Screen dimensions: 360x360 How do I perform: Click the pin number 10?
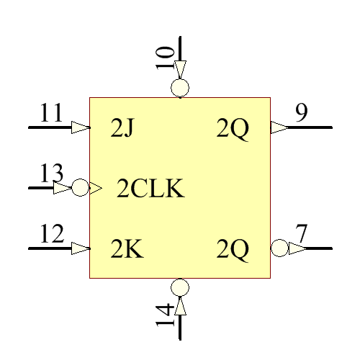pyautogui.click(x=165, y=58)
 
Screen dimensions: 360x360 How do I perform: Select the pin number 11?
pyautogui.click(x=51, y=114)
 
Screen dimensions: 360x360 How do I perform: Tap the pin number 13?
pyautogui.click(x=51, y=174)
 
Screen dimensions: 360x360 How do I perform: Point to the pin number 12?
pyautogui.click(x=51, y=235)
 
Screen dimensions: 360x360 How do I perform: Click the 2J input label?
pyautogui.click(x=123, y=129)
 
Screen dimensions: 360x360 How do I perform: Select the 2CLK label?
pyautogui.click(x=151, y=189)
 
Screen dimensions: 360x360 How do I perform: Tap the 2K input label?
pyautogui.click(x=126, y=250)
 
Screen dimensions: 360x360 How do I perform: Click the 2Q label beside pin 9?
pyautogui.click(x=233, y=129)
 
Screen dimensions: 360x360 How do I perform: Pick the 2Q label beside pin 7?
pyautogui.click(x=233, y=250)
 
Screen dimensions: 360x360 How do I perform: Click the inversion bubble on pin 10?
pyautogui.click(x=180, y=89)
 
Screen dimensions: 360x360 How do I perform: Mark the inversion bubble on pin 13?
pyautogui.click(x=80, y=188)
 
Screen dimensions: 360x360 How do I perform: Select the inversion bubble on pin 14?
pyautogui.click(x=180, y=287)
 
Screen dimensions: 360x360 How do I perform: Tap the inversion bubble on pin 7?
pyautogui.click(x=279, y=248)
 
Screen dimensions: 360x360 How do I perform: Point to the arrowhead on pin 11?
pyautogui.click(x=81, y=127)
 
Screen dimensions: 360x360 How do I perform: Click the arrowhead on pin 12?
pyautogui.click(x=81, y=248)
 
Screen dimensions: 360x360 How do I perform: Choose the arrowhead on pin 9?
pyautogui.click(x=279, y=127)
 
